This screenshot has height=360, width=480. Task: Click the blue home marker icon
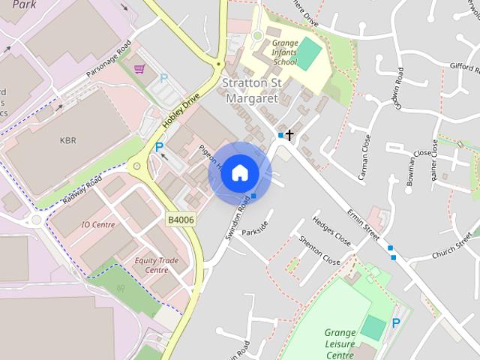(239, 172)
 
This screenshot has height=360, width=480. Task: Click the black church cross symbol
(289, 135)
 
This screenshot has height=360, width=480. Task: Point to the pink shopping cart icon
(139, 70)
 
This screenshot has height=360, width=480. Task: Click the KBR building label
(68, 140)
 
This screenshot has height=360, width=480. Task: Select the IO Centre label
(97, 224)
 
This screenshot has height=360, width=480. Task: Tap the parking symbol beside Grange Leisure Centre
(395, 323)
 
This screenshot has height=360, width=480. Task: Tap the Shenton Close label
(319, 250)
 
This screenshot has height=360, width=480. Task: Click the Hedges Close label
(331, 232)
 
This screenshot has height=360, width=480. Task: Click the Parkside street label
(256, 226)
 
